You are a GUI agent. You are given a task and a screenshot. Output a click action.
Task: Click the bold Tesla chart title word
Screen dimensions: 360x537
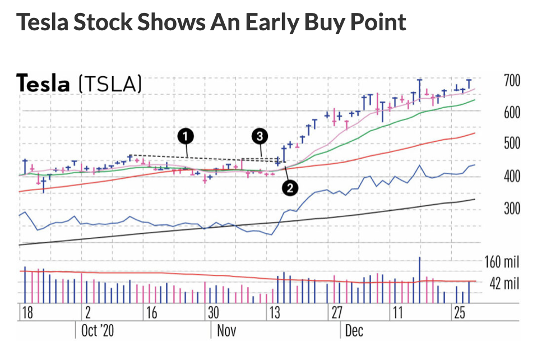pyautogui.click(x=44, y=84)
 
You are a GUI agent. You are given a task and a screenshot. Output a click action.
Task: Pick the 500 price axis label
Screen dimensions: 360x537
pyautogui.click(x=511, y=144)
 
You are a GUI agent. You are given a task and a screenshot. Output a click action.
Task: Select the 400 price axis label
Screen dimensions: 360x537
pyautogui.click(x=511, y=177)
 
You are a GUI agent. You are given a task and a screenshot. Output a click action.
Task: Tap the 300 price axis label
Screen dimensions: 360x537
pyautogui.click(x=511, y=209)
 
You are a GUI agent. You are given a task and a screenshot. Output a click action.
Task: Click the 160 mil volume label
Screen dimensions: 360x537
pyautogui.click(x=502, y=262)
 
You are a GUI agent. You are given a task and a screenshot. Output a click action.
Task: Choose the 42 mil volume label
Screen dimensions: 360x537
pyautogui.click(x=504, y=284)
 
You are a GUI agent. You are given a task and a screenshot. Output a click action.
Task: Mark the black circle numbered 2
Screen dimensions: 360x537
pyautogui.click(x=289, y=188)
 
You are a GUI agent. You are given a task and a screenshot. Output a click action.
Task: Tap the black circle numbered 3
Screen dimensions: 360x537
pyautogui.click(x=259, y=135)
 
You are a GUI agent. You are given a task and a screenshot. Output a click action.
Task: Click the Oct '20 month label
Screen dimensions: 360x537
pyautogui.click(x=98, y=330)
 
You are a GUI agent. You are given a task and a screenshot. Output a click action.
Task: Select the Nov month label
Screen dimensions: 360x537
pyautogui.click(x=226, y=330)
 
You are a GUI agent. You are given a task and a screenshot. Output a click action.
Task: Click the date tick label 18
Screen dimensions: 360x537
pyautogui.click(x=27, y=312)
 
